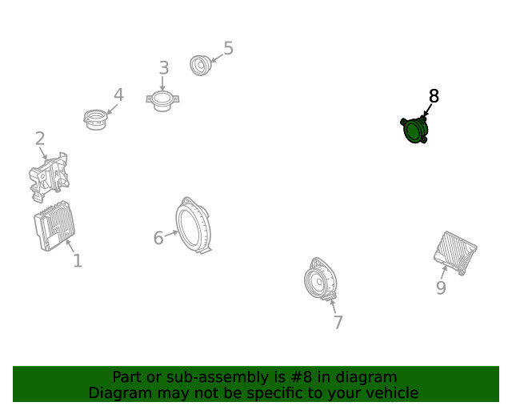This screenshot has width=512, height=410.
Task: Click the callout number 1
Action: click(78, 260)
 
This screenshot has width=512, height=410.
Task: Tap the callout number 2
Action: click(40, 139)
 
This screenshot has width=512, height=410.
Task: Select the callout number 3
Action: click(164, 68)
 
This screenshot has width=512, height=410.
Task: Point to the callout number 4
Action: click(118, 94)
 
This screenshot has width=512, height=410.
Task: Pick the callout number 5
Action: click(229, 48)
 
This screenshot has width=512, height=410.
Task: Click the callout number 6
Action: click(158, 238)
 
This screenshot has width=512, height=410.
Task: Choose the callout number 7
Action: click(338, 322)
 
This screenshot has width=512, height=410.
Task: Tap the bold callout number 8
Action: click(434, 96)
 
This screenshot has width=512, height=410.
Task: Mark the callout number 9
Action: click(441, 287)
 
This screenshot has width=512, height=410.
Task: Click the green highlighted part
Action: click(414, 131)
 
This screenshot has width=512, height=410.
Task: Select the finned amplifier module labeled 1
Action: click(54, 226)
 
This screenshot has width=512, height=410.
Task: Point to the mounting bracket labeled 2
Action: click(49, 176)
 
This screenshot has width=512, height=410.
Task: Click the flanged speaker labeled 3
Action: click(162, 102)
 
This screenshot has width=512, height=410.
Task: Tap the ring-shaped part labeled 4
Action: click(95, 119)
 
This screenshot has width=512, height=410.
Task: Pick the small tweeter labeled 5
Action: click(201, 66)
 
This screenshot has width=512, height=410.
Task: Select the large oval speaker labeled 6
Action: click(194, 226)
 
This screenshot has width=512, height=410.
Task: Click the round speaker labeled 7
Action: click(320, 279)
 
